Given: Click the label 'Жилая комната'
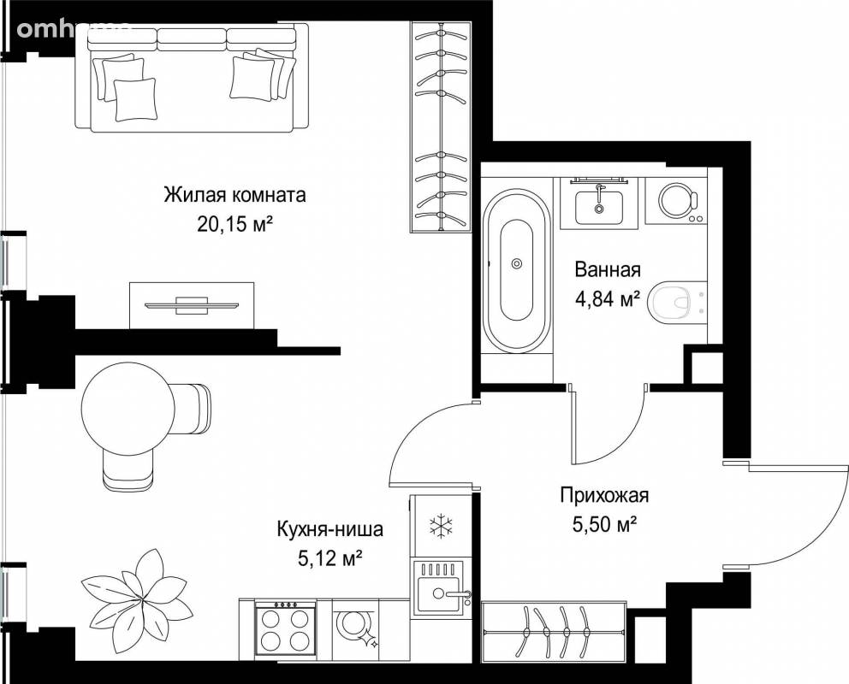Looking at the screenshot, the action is point(235,195).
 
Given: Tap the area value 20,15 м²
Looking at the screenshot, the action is point(235,223).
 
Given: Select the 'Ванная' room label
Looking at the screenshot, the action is point(608,269).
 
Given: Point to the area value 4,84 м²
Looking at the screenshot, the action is point(608,298).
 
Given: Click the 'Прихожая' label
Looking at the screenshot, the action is point(604,495).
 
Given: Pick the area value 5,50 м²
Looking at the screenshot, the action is point(604,524).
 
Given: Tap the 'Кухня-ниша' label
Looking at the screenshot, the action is point(330,528).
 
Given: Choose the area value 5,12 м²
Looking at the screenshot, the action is point(330,557).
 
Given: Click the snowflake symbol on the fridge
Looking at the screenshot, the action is point(442,526).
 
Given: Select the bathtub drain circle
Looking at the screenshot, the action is point(517,263).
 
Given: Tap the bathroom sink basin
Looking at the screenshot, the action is point(599,207).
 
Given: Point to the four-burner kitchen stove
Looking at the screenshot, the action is point(285,628).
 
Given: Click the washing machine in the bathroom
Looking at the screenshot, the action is point(676,202).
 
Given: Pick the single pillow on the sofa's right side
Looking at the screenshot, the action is point(252,79).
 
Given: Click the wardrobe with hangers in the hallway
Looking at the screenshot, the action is point(554,632).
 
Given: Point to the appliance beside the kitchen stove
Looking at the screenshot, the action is point(355,629).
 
